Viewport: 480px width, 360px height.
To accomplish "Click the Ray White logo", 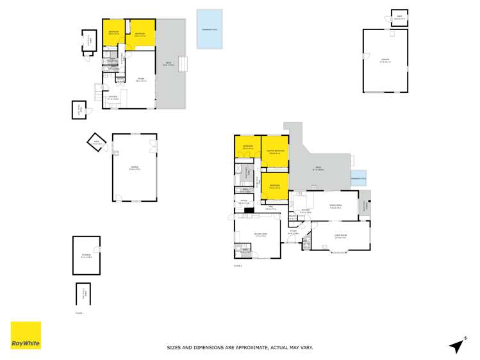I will click(x=26, y=335).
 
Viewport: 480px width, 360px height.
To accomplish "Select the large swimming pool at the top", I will click(x=210, y=29).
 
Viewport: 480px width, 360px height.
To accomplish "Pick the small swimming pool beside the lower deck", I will click(x=359, y=181).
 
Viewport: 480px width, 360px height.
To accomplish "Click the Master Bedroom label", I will click(x=275, y=152).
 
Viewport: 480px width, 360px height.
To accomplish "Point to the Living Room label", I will click(x=340, y=236).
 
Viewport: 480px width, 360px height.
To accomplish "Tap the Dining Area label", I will click(x=335, y=205).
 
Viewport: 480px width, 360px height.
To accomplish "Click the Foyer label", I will click(x=293, y=232).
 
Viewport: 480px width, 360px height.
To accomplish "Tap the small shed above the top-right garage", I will click(x=399, y=17).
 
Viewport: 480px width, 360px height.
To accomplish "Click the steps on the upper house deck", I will click(x=183, y=64).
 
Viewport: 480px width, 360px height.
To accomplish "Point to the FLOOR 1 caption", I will click(x=79, y=313).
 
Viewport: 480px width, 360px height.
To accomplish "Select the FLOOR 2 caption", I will click(x=238, y=265).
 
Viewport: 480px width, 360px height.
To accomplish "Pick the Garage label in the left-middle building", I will click(x=135, y=168).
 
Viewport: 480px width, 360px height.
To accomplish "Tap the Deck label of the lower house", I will click(x=319, y=169).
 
